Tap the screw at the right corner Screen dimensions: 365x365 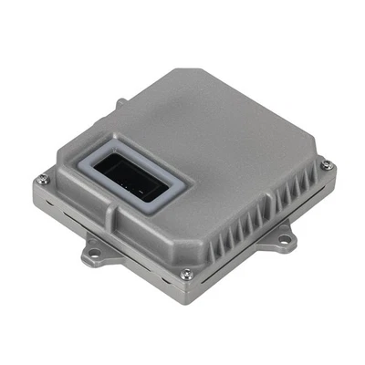[326, 165]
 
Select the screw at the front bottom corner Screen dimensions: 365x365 [186, 273]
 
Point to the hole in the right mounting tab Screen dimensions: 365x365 [285, 240]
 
